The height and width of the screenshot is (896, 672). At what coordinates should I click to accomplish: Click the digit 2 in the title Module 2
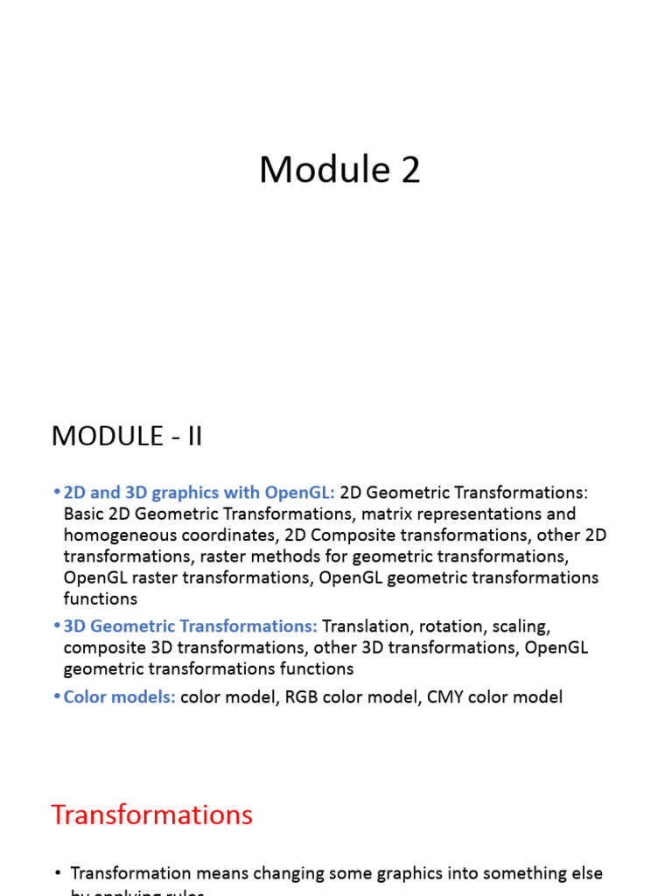pos(410,170)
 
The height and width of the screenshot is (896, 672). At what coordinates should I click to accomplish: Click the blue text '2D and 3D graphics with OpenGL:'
pos(199,493)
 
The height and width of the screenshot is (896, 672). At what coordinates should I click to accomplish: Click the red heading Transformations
pos(151,815)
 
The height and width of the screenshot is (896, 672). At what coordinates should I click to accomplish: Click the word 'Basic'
pos(85,514)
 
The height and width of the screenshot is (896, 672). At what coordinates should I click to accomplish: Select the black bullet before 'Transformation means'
pos(58,873)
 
